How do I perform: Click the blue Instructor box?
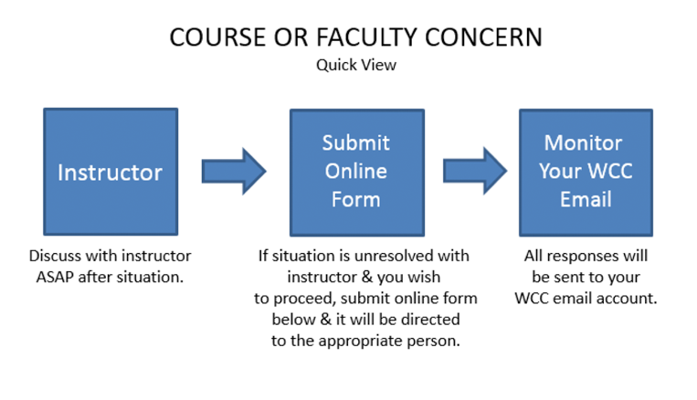[111, 172]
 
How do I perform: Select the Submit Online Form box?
[355, 172]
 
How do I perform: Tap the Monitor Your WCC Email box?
[586, 172]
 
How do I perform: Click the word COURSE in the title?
[206, 37]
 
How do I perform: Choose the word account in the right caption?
[631, 298]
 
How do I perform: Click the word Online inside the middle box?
[355, 171]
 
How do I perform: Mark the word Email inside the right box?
[586, 198]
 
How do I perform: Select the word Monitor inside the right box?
[583, 143]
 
